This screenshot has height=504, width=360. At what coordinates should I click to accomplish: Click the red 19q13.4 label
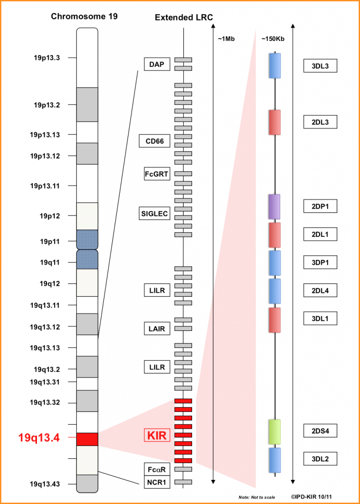tap(39, 438)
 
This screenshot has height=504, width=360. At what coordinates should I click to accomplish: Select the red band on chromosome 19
tap(87, 439)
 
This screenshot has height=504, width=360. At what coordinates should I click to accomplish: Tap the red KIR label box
tap(156, 436)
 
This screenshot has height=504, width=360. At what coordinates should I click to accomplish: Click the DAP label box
tap(156, 64)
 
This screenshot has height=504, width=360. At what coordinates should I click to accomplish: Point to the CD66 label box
tap(155, 141)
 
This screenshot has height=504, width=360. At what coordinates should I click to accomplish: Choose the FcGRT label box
tap(157, 174)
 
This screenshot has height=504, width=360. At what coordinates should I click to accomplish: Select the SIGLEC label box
tap(155, 214)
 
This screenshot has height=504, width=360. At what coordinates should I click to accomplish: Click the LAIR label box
tap(157, 328)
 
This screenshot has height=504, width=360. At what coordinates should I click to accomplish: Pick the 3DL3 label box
tap(320, 66)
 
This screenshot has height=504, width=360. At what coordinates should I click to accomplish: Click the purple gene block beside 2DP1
tap(274, 207)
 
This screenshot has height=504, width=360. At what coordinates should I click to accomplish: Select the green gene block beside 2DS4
tap(275, 432)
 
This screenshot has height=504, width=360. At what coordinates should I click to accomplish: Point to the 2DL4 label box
tap(320, 290)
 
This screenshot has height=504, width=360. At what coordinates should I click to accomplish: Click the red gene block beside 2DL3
tap(275, 122)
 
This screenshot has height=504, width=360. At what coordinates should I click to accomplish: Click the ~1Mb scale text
tap(226, 39)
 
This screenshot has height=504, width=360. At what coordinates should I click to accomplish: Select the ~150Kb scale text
tap(273, 39)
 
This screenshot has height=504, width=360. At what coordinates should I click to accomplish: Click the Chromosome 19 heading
tap(84, 17)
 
